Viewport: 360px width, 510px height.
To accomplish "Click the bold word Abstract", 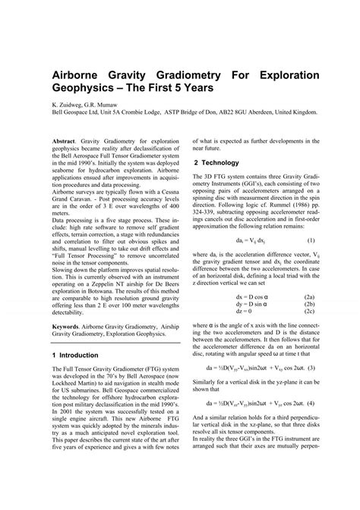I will (65, 141).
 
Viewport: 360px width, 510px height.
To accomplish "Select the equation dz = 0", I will (247, 311).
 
